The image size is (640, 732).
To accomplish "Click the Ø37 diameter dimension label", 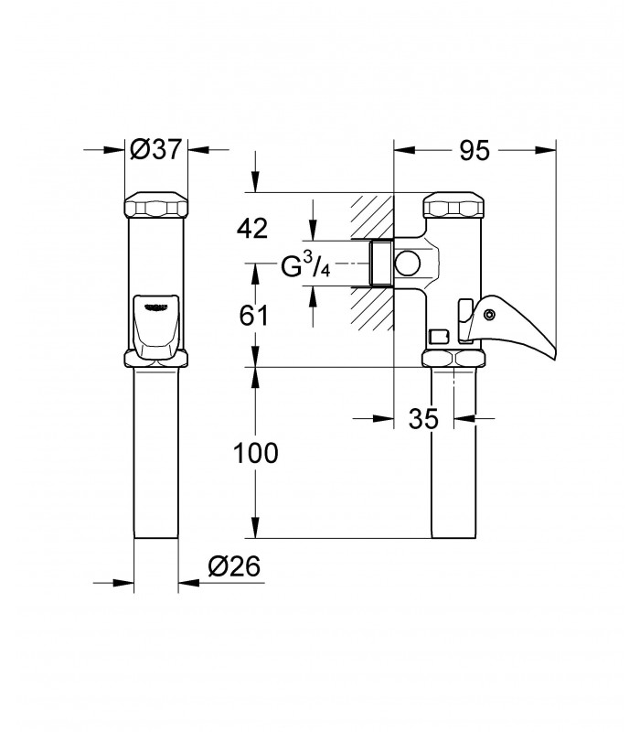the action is point(155,149).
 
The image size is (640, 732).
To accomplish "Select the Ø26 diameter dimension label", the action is point(234,566).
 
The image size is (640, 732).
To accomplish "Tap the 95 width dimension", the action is point(475,150).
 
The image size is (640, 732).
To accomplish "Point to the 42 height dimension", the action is point(252,229).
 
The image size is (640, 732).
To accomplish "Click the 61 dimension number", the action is point(254,315).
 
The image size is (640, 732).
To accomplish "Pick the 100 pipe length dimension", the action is point(255,453).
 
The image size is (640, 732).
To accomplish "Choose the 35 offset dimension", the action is point(423,418).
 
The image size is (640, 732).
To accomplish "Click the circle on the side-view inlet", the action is point(408,264).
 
